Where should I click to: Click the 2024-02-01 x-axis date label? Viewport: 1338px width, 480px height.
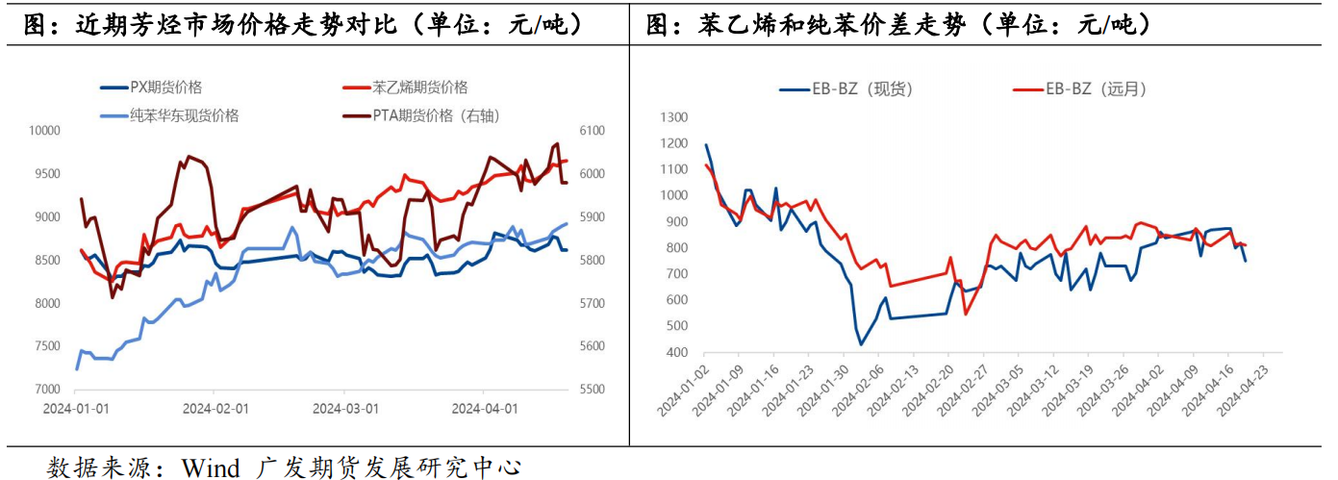pyautogui.click(x=216, y=408)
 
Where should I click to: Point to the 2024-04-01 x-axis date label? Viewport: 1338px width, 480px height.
pyautogui.click(x=485, y=408)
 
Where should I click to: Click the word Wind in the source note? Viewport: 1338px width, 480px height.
pyautogui.click(x=210, y=468)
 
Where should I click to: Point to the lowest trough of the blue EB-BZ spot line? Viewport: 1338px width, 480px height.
pyautogui.click(x=860, y=344)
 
